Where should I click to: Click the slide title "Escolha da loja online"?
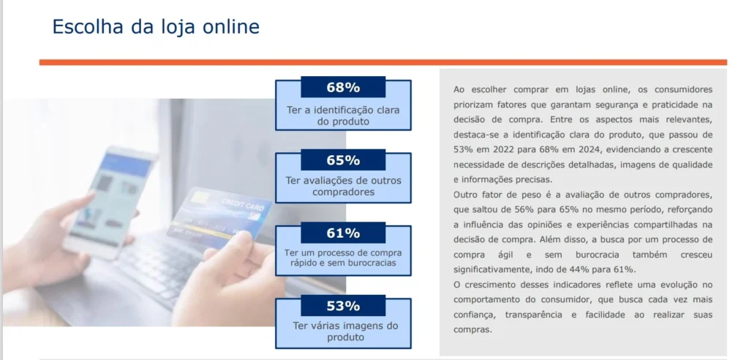click(x=156, y=27)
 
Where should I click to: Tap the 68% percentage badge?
click(x=343, y=88)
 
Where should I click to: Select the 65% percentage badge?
click(x=343, y=160)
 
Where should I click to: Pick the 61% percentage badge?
click(x=343, y=233)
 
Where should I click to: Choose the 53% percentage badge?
click(x=343, y=306)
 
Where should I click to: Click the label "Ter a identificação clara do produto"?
click(x=343, y=116)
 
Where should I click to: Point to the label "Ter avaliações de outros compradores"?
click(x=343, y=187)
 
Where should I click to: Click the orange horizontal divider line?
click(x=383, y=62)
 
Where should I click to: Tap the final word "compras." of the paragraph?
click(x=473, y=330)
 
